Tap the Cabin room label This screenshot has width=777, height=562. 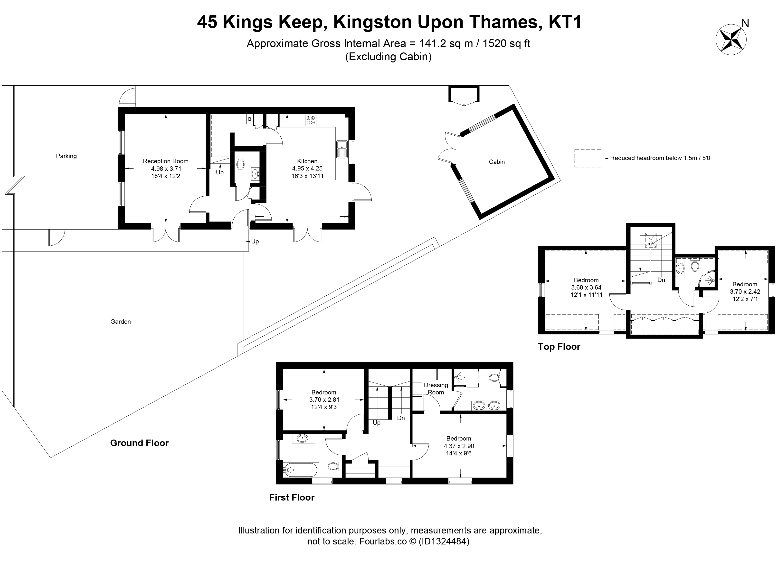tap(497, 162)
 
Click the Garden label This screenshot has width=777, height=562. tap(121, 321)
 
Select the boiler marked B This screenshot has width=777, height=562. tap(250, 119)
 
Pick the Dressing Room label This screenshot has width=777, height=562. tap(436, 389)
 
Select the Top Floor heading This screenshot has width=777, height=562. tap(559, 347)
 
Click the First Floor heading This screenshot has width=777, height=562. tap(292, 498)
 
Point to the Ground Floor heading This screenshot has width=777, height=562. tap(139, 443)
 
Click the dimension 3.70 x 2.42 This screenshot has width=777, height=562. tap(745, 292)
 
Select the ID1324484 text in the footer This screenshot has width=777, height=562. tap(443, 542)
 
